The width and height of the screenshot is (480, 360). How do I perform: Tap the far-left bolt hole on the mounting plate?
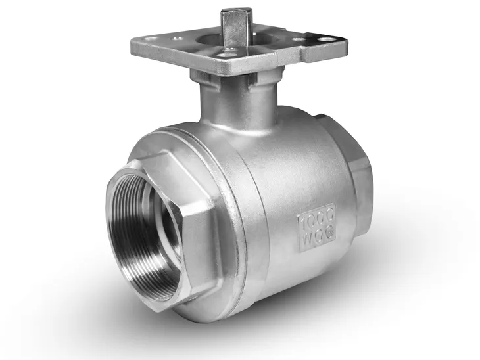pyautogui.click(x=151, y=39)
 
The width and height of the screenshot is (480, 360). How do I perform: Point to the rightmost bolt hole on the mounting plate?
pyautogui.click(x=325, y=40)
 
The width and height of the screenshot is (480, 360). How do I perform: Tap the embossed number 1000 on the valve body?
pyautogui.click(x=316, y=217)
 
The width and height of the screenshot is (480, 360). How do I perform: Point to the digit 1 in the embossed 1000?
pyautogui.click(x=303, y=223)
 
